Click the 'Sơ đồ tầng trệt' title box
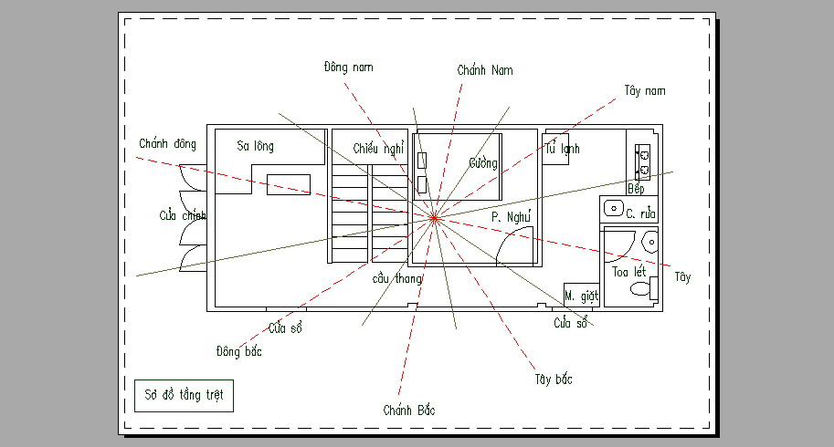[184, 396]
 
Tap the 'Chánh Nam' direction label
[485, 70]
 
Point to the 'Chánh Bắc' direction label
[409, 410]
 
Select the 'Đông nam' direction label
[348, 67]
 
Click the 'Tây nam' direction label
[645, 91]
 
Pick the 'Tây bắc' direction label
[554, 379]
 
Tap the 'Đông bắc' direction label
[238, 351]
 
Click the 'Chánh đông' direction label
[167, 143]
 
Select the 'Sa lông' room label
[255, 146]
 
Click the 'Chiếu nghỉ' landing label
[379, 149]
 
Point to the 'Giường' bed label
[483, 163]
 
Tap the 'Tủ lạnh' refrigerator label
[562, 149]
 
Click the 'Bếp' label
[636, 189]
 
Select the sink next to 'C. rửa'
[613, 208]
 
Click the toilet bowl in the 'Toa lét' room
[640, 289]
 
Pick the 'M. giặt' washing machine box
[581, 296]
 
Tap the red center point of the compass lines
[435, 218]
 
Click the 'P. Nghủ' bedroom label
[511, 216]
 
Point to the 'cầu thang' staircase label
[396, 279]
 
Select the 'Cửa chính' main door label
[183, 215]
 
